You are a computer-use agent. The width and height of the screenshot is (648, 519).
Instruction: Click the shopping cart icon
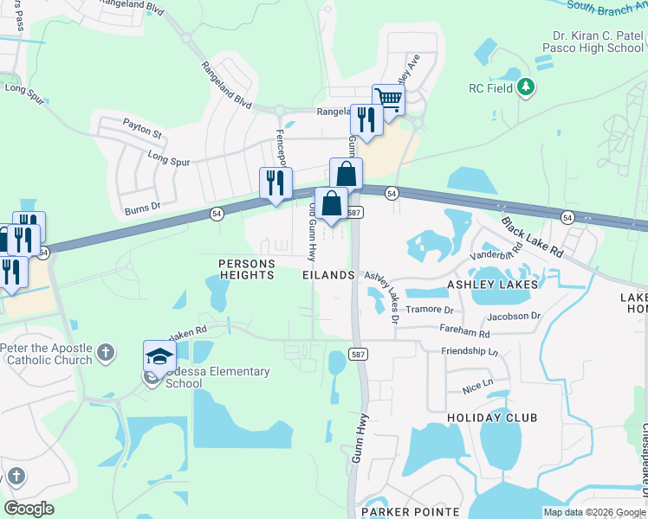tap(388, 99)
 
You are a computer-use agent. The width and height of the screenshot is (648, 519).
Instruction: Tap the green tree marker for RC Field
tap(525, 86)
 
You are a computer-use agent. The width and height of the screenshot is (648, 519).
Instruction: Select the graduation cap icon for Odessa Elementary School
tap(160, 356)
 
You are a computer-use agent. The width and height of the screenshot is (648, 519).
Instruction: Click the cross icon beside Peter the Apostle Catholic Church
tap(105, 352)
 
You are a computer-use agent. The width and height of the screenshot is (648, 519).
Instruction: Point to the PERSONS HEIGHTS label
tap(234, 269)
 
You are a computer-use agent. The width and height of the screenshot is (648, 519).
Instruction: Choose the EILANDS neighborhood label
tap(328, 274)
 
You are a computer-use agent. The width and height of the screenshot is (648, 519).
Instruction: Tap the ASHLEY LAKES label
tap(492, 284)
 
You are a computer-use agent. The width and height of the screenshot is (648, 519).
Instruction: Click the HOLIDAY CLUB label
tap(492, 417)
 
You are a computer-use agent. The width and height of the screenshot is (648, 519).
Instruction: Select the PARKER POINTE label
tap(411, 512)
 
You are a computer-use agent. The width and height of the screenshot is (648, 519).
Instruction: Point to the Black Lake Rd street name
tap(531, 235)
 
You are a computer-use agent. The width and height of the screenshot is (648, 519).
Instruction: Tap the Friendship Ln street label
tap(470, 351)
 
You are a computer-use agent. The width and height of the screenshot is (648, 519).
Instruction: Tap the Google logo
tap(29, 508)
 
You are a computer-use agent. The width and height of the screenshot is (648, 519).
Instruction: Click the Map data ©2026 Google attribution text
tap(593, 512)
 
